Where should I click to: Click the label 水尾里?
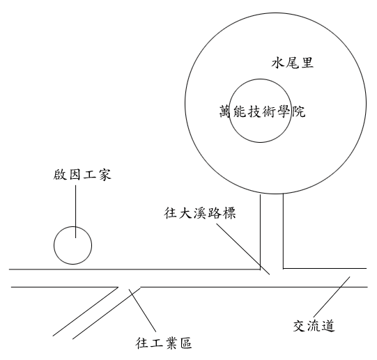click(293, 63)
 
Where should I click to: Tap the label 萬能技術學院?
click(262, 111)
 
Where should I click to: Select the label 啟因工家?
click(82, 175)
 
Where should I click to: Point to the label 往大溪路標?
click(200, 212)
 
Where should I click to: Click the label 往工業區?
click(164, 343)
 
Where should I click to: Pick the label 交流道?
click(314, 326)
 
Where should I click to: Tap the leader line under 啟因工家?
click(76, 212)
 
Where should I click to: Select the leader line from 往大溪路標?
click(243, 249)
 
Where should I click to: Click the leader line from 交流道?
click(332, 297)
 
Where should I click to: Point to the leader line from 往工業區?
click(142, 311)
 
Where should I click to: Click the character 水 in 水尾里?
click(279, 63)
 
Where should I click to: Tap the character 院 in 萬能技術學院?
click(299, 111)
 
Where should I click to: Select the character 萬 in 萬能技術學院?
click(226, 111)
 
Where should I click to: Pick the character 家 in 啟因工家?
click(104, 175)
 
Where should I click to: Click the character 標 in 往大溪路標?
click(229, 213)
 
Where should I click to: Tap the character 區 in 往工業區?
click(185, 343)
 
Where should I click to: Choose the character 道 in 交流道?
click(328, 326)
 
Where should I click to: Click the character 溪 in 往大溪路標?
click(200, 213)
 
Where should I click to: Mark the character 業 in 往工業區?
click(171, 343)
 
